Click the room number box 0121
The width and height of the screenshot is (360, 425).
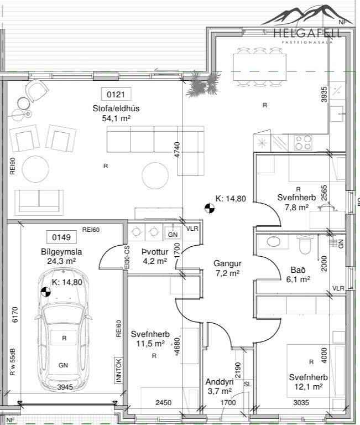point(116,94)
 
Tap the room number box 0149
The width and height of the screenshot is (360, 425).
point(61,237)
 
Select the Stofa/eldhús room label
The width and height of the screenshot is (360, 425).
point(116,108)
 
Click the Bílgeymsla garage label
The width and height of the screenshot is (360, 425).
point(61,252)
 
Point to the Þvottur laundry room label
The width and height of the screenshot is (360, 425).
point(155,252)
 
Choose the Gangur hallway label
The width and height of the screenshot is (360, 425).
point(227,263)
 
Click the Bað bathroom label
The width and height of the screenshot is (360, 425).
point(298,269)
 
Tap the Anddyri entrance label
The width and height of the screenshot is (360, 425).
point(220,382)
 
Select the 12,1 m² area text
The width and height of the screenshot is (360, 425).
point(308,387)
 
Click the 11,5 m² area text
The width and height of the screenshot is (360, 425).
point(150,344)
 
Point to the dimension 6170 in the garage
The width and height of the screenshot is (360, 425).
point(15,314)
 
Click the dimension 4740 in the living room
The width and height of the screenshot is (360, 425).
point(177,149)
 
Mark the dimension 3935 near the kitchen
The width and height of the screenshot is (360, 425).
point(324,94)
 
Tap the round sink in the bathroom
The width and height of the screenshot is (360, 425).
point(274,241)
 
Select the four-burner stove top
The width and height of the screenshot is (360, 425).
point(303,143)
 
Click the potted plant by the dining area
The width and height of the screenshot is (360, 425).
point(203,84)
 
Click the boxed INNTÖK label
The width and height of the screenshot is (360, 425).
point(118,370)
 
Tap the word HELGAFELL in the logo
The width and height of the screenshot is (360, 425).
point(307,33)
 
